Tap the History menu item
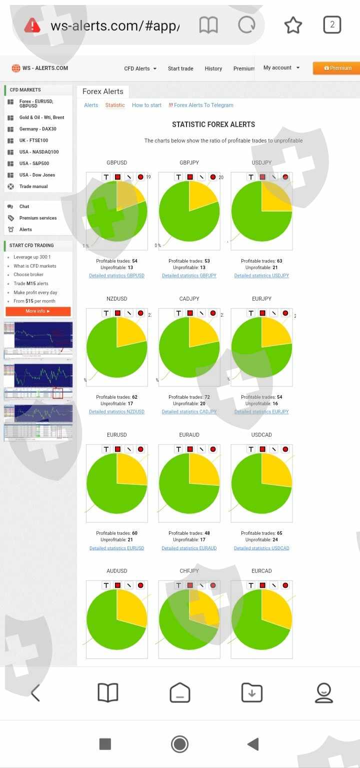(213, 69)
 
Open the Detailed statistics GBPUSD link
(116, 276)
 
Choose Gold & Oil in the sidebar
(41, 118)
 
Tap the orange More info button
(38, 311)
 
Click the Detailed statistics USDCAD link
(261, 548)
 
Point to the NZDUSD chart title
(117, 299)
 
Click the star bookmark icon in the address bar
(293, 25)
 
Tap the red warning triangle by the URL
(32, 25)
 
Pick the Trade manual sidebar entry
(33, 187)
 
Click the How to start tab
(146, 105)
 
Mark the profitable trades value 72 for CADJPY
(207, 397)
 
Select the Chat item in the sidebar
(24, 207)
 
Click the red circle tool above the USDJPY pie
(285, 177)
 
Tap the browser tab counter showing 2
(332, 25)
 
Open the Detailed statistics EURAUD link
(189, 548)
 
